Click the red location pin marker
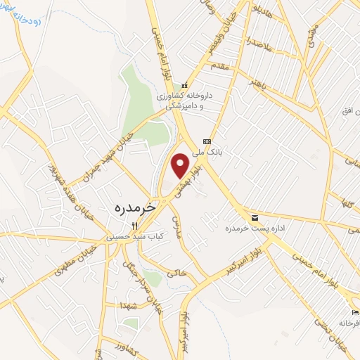(x=181, y=165)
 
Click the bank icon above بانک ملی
(x=207, y=141)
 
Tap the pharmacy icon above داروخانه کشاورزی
(x=186, y=85)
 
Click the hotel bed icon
(x=355, y=311)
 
